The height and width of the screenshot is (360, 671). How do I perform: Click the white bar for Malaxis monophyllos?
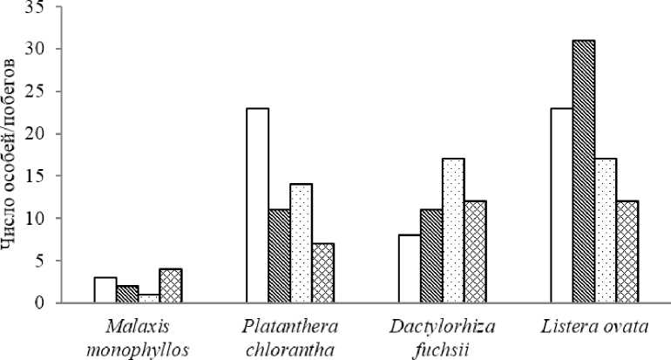tap(105, 290)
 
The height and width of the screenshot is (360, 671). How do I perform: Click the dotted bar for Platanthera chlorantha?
tap(301, 244)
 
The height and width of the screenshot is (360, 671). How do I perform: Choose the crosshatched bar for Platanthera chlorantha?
tap(322, 274)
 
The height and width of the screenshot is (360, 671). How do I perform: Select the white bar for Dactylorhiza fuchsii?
tap(409, 269)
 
